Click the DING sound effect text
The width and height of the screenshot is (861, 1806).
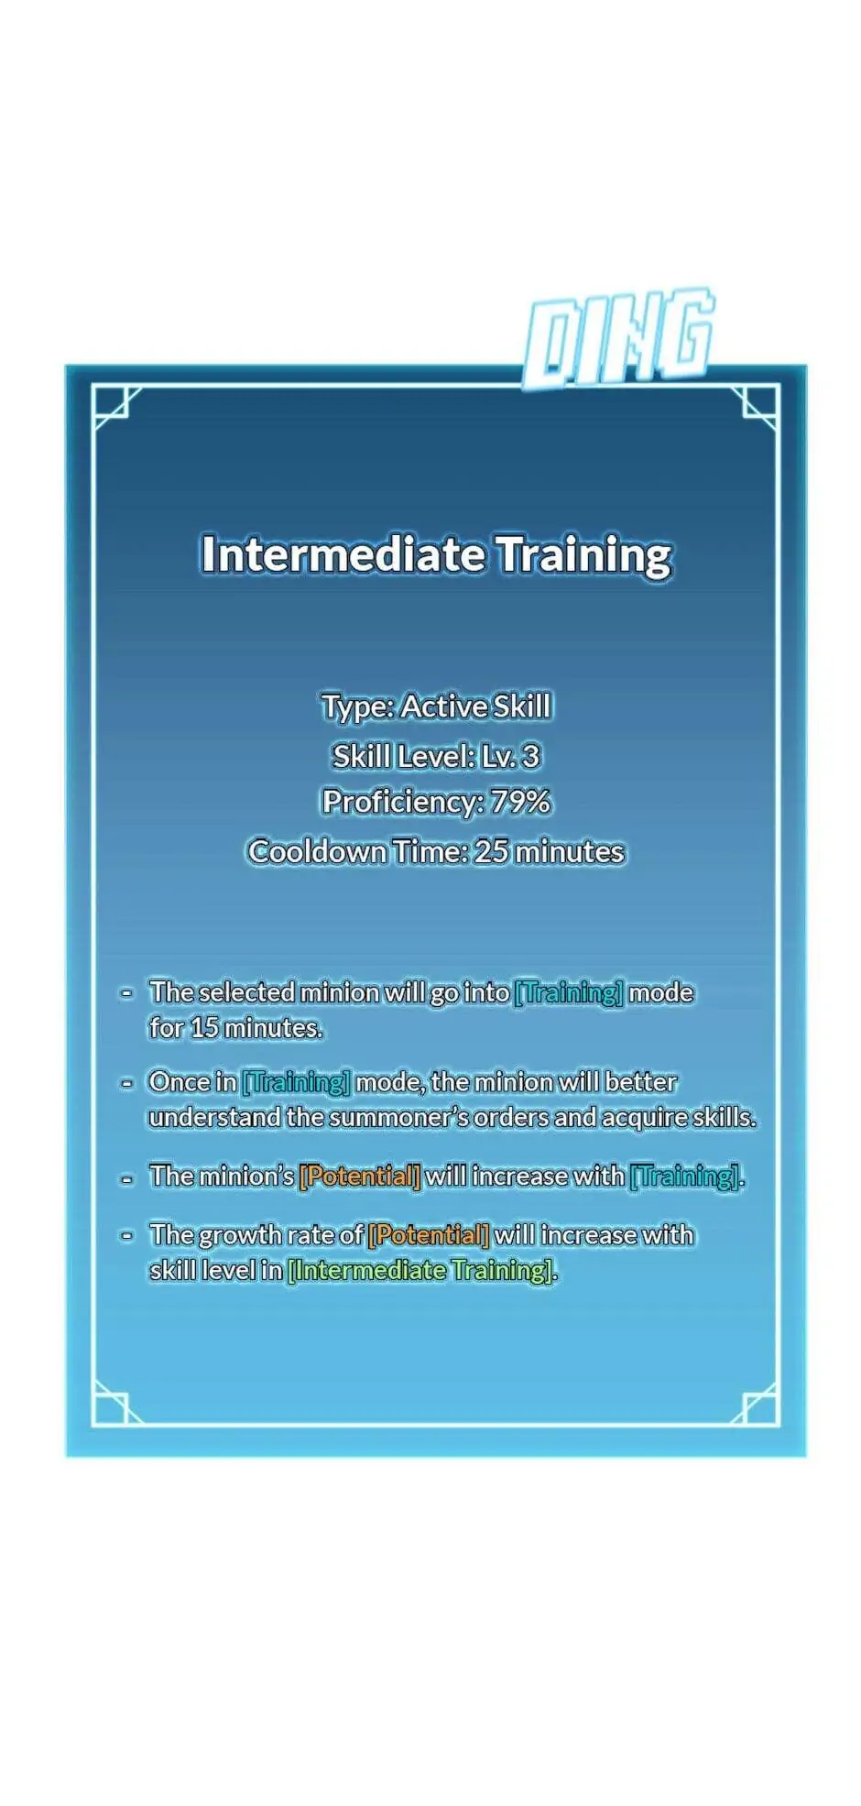pyautogui.click(x=619, y=336)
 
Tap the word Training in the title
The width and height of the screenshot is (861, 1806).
pyautogui.click(x=584, y=555)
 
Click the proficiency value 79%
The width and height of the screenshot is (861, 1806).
pyautogui.click(x=520, y=802)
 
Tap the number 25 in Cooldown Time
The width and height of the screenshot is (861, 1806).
pyautogui.click(x=491, y=851)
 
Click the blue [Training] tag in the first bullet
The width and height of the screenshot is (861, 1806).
pyautogui.click(x=569, y=992)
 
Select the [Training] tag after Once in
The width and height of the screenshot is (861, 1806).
pyautogui.click(x=296, y=1082)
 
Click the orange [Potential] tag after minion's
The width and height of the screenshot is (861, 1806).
pyautogui.click(x=360, y=1176)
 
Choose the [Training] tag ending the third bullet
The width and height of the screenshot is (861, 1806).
pyautogui.click(x=684, y=1176)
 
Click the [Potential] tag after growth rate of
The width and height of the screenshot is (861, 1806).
pyautogui.click(x=429, y=1235)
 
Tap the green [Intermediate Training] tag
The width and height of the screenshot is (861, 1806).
pyautogui.click(x=420, y=1270)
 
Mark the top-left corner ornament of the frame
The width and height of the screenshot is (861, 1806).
pyautogui.click(x=114, y=406)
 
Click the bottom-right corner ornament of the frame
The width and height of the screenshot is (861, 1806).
pyautogui.click(x=757, y=1405)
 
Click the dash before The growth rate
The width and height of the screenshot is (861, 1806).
pyautogui.click(x=127, y=1235)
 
